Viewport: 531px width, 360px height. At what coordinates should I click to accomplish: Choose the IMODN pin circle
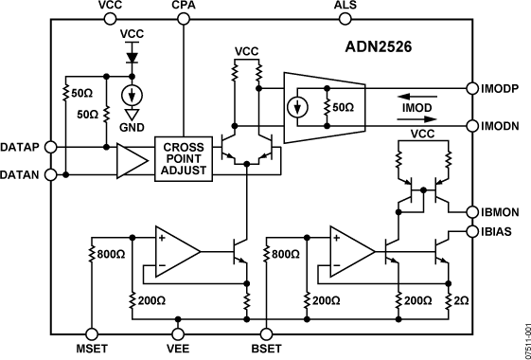click(474, 125)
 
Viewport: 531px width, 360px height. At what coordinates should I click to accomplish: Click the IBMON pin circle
click(474, 209)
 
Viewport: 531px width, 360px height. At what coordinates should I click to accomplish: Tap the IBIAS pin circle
click(474, 231)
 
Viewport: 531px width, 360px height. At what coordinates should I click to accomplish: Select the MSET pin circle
click(91, 333)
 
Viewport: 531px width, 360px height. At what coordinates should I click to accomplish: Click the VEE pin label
click(178, 349)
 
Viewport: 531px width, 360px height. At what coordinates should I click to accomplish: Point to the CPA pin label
click(183, 7)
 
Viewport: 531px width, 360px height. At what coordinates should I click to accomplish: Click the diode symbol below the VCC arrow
click(133, 56)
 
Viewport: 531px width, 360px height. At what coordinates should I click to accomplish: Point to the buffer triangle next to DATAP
click(131, 160)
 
